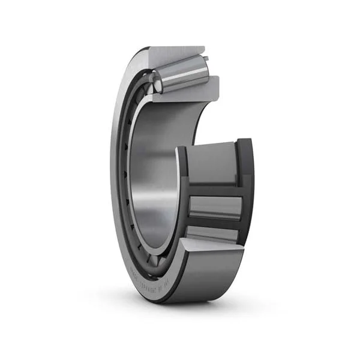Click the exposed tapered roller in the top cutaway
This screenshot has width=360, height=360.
tap(180, 72)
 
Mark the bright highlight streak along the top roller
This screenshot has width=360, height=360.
tap(180, 67)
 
